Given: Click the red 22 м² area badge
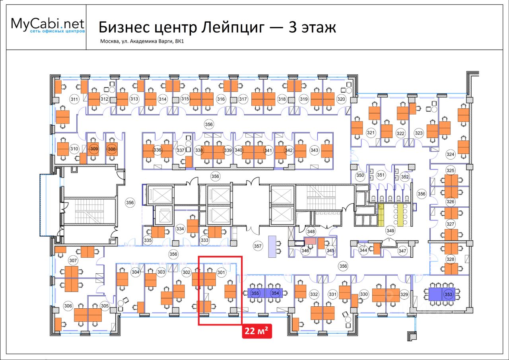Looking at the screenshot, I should [257, 331].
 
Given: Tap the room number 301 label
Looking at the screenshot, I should [221, 272].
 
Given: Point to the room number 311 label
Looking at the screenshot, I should [74, 99].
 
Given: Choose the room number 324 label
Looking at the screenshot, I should [450, 154].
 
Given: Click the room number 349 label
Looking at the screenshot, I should [390, 231].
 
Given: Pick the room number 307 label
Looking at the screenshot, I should [73, 261].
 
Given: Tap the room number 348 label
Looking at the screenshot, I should [311, 231].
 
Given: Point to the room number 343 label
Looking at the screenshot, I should [315, 150].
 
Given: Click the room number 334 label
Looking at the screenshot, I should [180, 229].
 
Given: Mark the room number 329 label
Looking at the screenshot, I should [404, 294].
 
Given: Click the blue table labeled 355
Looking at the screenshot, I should [256, 294].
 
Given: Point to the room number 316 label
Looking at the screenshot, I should [221, 99].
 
